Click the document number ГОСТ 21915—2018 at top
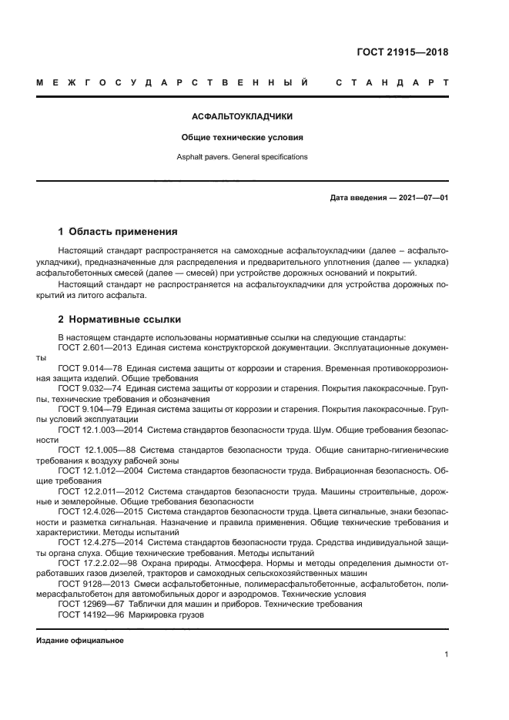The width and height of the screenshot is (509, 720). tap(402, 53)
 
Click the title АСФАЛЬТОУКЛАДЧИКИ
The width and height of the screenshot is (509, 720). tap(243, 118)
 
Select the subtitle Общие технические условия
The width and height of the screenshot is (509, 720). tap(243, 138)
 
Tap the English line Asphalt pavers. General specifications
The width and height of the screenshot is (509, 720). tap(243, 156)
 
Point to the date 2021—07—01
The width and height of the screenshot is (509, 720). tap(422, 198)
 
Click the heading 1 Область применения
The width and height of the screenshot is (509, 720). tap(118, 231)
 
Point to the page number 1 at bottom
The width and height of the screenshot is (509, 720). tap(446, 655)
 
